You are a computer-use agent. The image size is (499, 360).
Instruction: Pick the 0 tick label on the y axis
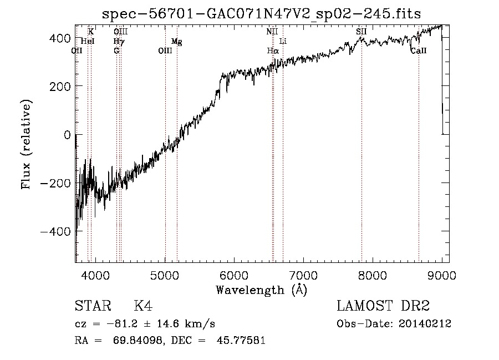(66, 135)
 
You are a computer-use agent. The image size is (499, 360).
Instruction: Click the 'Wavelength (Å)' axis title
(261, 290)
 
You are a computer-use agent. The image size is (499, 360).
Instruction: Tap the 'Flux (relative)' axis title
(27, 144)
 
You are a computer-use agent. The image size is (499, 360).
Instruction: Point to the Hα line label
(272, 51)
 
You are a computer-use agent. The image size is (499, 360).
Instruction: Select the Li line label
(283, 42)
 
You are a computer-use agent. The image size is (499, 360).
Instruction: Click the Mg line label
(176, 42)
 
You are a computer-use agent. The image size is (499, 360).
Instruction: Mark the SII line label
(361, 32)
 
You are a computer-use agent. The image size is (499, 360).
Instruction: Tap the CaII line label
(418, 51)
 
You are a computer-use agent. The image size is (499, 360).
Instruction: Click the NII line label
(272, 32)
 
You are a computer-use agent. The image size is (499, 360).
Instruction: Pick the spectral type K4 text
(143, 306)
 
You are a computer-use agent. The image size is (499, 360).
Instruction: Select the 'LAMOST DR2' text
(383, 306)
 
